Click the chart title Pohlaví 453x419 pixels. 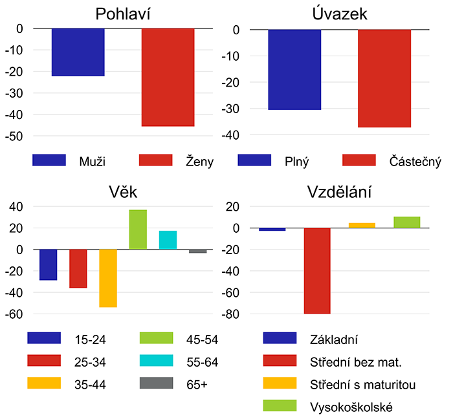click(x=122, y=14)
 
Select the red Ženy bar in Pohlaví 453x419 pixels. click(x=168, y=77)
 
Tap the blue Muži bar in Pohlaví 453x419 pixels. click(x=78, y=52)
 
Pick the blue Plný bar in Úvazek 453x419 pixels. click(x=294, y=70)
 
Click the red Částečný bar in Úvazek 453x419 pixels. click(x=384, y=78)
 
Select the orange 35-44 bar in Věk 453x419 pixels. click(x=108, y=278)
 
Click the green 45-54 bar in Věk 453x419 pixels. click(x=138, y=230)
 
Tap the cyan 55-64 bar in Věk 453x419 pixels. click(x=168, y=240)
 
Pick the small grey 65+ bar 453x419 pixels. click(x=197, y=251)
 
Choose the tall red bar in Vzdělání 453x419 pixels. click(x=317, y=271)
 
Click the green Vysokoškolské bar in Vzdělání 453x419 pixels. click(x=407, y=222)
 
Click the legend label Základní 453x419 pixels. click(x=334, y=339)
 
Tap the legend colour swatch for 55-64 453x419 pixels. click(x=156, y=361)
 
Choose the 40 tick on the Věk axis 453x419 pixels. click(x=16, y=207)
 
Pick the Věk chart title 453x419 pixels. click(x=122, y=192)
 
